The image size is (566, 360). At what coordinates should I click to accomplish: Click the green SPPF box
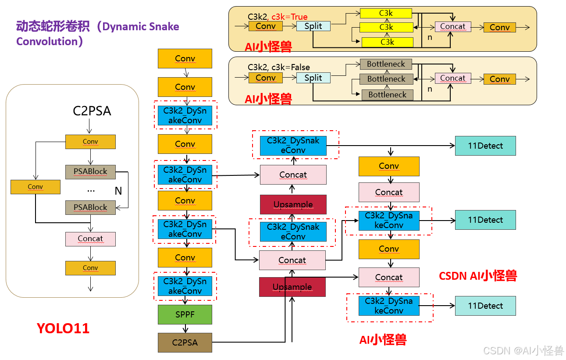click(185, 314)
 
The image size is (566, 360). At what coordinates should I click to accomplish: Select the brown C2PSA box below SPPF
click(185, 342)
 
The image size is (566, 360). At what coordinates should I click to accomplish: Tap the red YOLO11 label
click(63, 328)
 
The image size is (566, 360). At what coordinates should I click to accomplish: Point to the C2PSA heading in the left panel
click(92, 111)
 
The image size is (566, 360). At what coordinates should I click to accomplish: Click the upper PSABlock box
click(90, 171)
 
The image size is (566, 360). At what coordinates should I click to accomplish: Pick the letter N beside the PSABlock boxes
click(118, 191)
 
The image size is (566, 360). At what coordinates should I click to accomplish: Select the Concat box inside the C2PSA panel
click(90, 239)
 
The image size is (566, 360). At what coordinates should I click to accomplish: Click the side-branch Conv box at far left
click(35, 187)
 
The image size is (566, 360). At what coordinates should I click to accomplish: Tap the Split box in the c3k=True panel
click(313, 26)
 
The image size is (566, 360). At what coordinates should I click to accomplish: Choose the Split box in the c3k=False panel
click(313, 78)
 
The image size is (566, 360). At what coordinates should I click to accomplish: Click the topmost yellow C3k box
click(386, 13)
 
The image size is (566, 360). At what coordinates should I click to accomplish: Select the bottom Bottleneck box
click(387, 95)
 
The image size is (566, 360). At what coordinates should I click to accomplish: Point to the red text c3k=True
click(289, 17)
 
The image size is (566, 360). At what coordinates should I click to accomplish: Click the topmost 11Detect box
click(485, 146)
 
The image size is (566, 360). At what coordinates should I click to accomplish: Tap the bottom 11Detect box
click(485, 306)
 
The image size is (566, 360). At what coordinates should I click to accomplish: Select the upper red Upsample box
click(293, 204)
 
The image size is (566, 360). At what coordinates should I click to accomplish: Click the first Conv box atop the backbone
click(185, 58)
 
